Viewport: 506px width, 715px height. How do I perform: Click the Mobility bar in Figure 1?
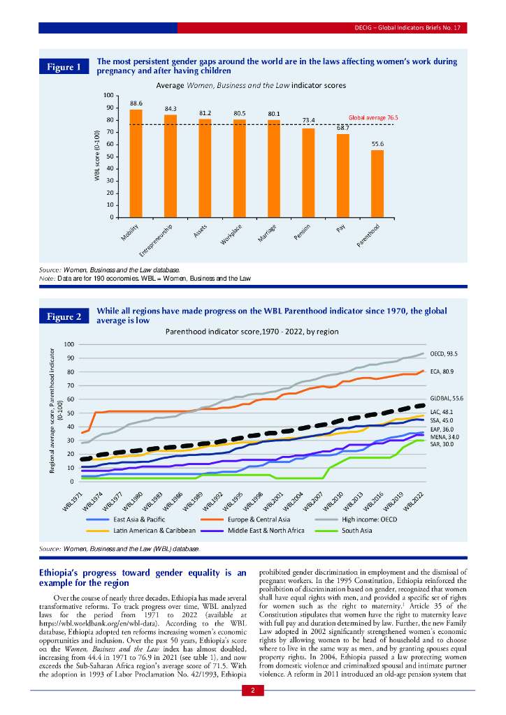pyautogui.click(x=136, y=163)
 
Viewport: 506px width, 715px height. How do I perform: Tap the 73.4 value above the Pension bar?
pyautogui.click(x=309, y=120)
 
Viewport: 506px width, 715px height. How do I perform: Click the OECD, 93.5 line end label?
pyautogui.click(x=443, y=354)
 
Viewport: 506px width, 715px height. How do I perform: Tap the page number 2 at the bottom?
pyautogui.click(x=252, y=691)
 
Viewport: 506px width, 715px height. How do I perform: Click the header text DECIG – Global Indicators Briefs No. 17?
pyautogui.click(x=403, y=27)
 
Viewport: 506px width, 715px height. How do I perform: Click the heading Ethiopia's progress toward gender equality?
pyautogui.click(x=142, y=577)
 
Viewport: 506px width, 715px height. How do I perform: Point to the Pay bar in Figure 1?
pyautogui.click(x=342, y=175)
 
